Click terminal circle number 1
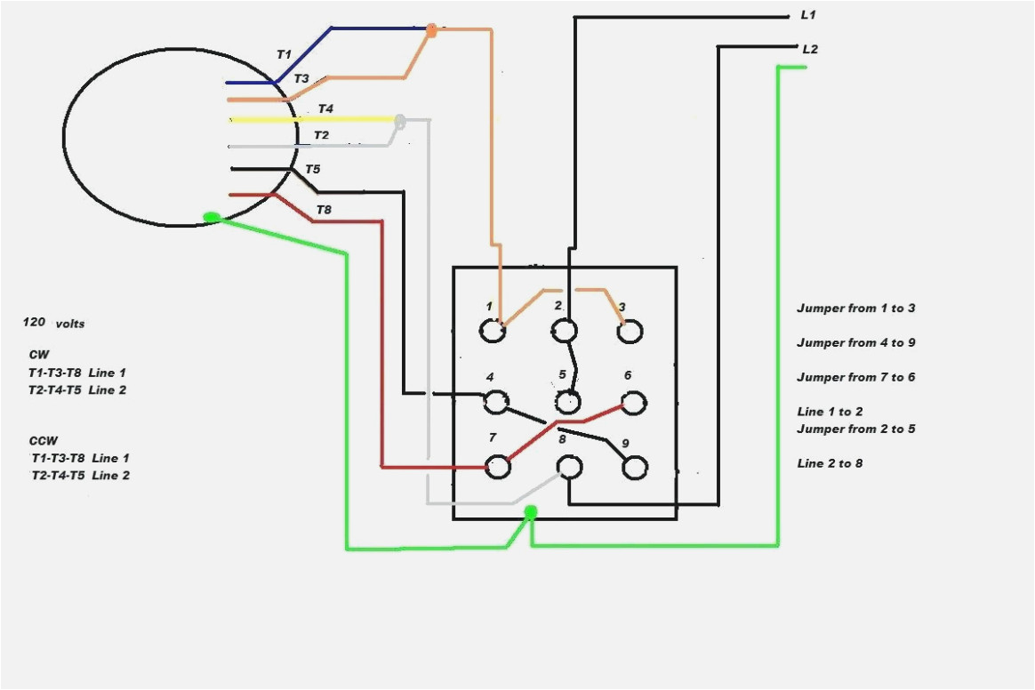pos(492,332)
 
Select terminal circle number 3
pos(630,332)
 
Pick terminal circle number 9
pos(635,468)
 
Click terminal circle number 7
pos(499,466)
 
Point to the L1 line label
pos(808,16)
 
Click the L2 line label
pos(809,50)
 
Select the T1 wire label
pos(284,54)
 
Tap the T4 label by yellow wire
pos(326,108)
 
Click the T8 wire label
pos(324,210)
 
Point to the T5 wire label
pos(313,169)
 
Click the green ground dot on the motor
pos(212,217)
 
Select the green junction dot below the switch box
pos(531,512)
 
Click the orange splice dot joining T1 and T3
pos(431,30)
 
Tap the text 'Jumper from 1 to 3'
pos(855,309)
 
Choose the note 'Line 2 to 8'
pos(830,463)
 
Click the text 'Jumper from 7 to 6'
pos(855,377)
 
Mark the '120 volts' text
pos(54,323)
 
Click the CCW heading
pos(43,440)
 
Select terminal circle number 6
pos(633,404)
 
